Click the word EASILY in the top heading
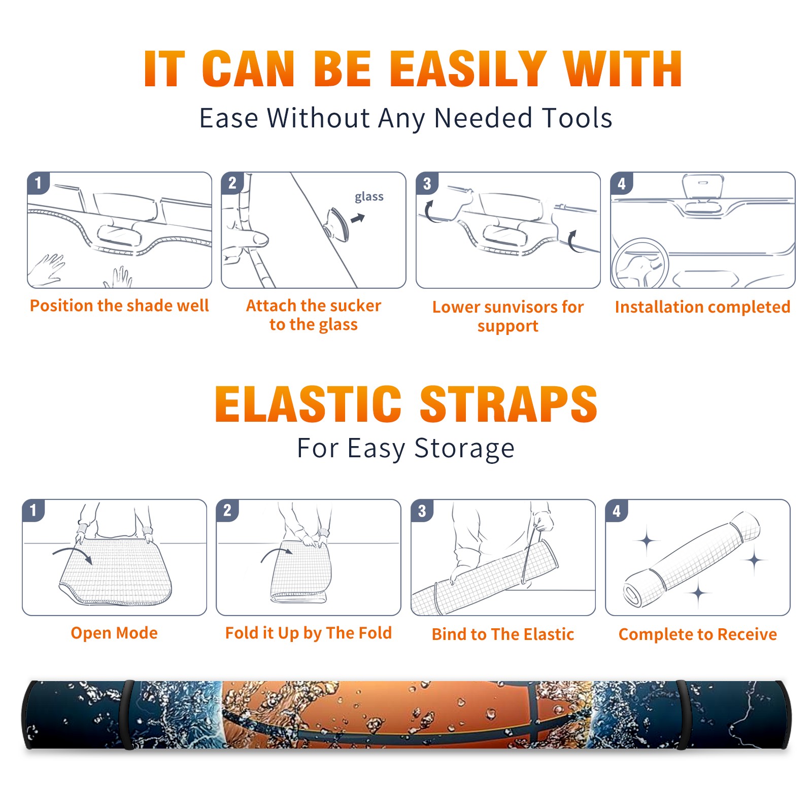(468, 69)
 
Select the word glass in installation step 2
(369, 197)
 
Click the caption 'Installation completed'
(702, 307)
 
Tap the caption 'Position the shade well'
(119, 306)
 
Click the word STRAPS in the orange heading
(509, 404)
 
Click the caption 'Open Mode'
(114, 633)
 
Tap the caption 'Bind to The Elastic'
(503, 634)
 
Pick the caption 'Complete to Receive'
(698, 634)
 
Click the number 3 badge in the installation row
(427, 183)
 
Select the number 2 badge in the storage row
(227, 510)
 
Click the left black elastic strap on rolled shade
(128, 715)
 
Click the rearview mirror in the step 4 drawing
(702, 186)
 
